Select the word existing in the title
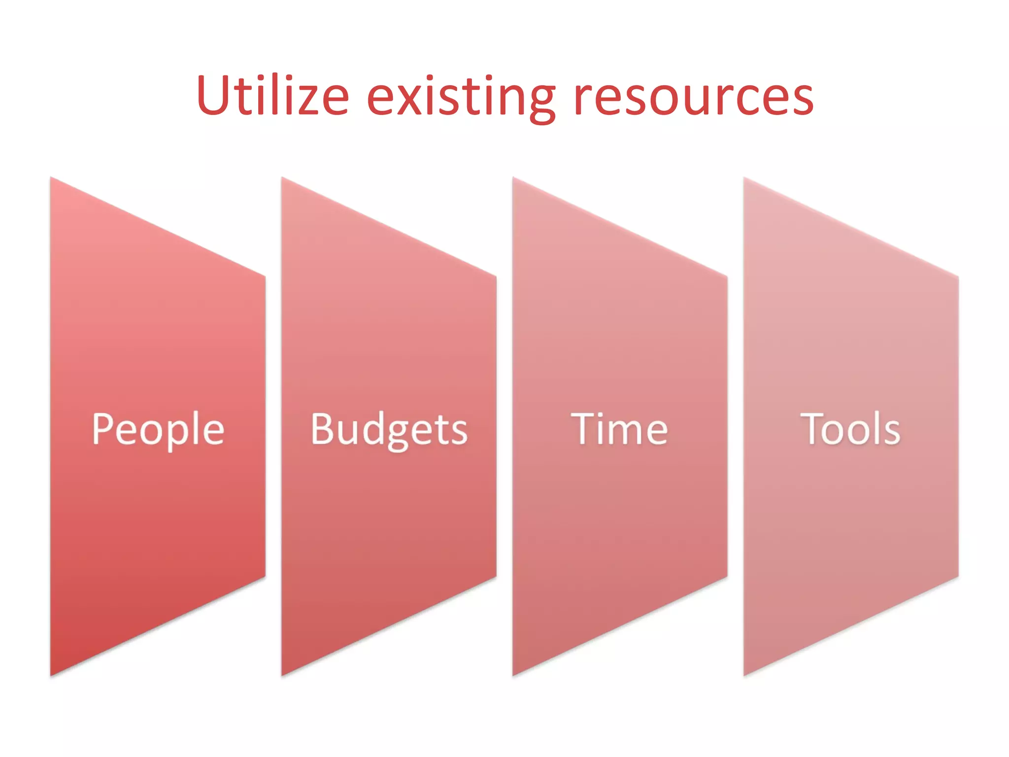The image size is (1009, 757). pos(461,96)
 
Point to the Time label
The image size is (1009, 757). pos(619,429)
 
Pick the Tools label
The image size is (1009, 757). pos(850,429)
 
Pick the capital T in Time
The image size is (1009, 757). pos(583,428)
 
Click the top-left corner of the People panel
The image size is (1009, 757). pos(51,178)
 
